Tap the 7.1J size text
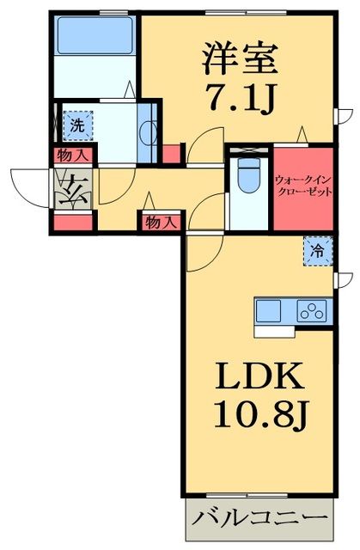coord(241,100)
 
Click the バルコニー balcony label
coord(259,520)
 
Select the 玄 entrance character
coord(69,187)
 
